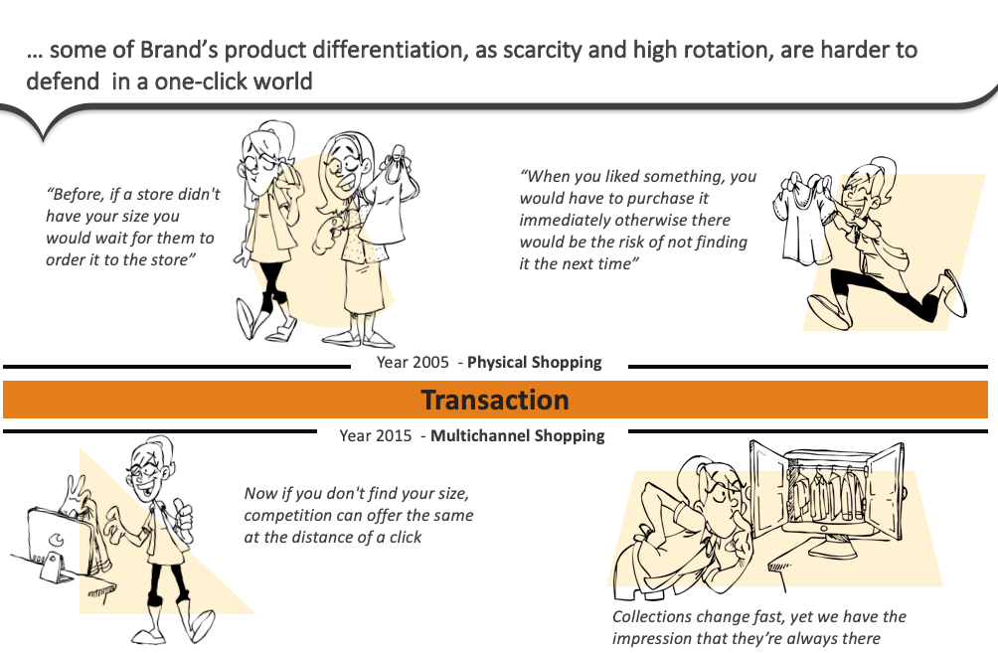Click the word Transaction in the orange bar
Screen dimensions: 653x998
tap(495, 400)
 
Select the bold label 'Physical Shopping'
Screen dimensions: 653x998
tap(534, 362)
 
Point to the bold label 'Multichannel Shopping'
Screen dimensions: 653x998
tap(517, 435)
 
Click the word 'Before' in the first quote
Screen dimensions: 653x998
tap(78, 195)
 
